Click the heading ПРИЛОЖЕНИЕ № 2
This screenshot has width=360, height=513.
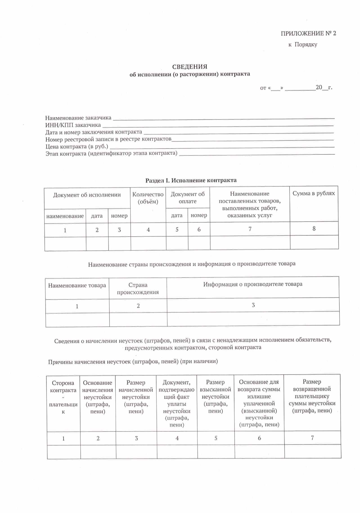pyautogui.click(x=308, y=34)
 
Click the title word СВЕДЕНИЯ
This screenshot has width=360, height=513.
pyautogui.click(x=190, y=67)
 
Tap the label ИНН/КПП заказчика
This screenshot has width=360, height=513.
pyautogui.click(x=73, y=125)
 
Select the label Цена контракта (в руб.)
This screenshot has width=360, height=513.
pyautogui.click(x=76, y=147)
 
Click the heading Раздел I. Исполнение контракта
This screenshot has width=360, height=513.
pyautogui.click(x=191, y=180)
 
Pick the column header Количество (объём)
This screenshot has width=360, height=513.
pyautogui.click(x=148, y=198)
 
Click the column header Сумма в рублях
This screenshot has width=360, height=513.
pyautogui.click(x=313, y=193)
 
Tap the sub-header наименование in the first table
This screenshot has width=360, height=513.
pyautogui.click(x=65, y=216)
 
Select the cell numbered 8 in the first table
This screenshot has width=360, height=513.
pyautogui.click(x=314, y=228)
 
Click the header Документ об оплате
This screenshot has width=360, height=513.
pyautogui.click(x=187, y=198)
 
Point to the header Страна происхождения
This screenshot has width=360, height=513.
pyautogui.click(x=138, y=288)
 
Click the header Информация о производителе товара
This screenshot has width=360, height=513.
pyautogui.click(x=253, y=284)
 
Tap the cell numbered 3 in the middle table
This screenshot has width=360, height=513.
pyautogui.click(x=253, y=305)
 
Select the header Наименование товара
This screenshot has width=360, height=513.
pyautogui.click(x=77, y=285)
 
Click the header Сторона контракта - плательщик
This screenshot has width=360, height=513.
pyautogui.click(x=63, y=397)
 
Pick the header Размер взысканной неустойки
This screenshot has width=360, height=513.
pyautogui.click(x=215, y=396)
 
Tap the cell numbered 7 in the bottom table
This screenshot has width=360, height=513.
pyautogui.click(x=312, y=438)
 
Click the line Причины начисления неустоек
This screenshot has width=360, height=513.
pyautogui.click(x=133, y=362)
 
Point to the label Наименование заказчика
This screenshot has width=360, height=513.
pyautogui.click(x=78, y=118)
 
